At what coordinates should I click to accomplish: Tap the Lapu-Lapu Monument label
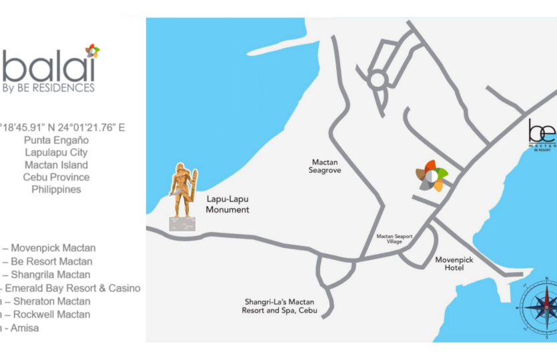click(x=227, y=204)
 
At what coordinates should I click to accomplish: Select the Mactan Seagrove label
click(x=326, y=166)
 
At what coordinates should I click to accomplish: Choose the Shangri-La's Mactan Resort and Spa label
click(x=280, y=306)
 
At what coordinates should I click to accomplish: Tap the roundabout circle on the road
click(x=378, y=81)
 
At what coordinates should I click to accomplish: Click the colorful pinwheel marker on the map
click(x=432, y=176)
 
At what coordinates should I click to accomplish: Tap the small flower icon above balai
click(x=92, y=51)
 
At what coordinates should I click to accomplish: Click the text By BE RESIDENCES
click(x=48, y=87)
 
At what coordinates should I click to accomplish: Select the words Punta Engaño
click(x=56, y=140)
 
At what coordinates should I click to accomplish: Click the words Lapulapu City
click(x=56, y=153)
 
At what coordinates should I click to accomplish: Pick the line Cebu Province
click(x=56, y=177)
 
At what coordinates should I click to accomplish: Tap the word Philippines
click(x=56, y=189)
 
